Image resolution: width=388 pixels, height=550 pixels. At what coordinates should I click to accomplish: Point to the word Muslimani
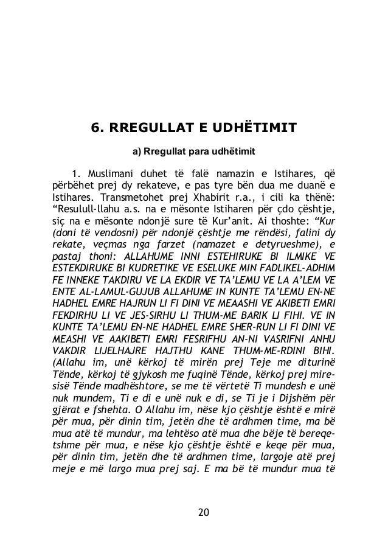111,170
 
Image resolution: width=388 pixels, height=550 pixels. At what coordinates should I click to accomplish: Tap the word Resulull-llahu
83,209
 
